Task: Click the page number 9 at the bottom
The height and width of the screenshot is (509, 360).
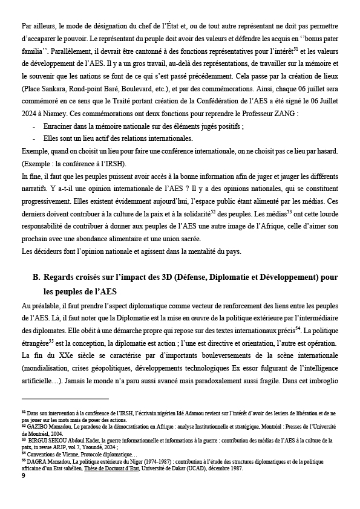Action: (x=23, y=476)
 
